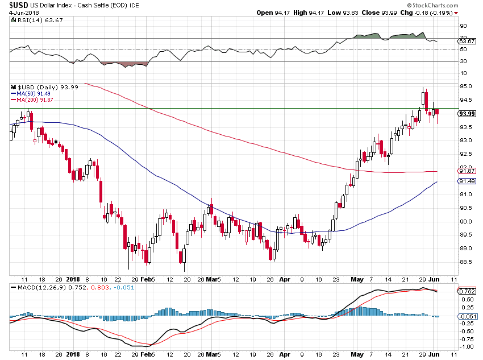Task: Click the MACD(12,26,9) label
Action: pyautogui.click(x=40, y=287)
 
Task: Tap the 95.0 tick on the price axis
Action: pyautogui.click(x=466, y=86)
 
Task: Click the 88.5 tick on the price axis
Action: pyautogui.click(x=466, y=262)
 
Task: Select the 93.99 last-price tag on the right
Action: pyautogui.click(x=467, y=113)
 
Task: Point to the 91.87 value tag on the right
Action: pyautogui.click(x=467, y=171)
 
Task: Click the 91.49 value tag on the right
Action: pyautogui.click(x=467, y=181)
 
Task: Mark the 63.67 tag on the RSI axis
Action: pyautogui.click(x=467, y=42)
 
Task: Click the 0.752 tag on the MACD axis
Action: pyautogui.click(x=467, y=291)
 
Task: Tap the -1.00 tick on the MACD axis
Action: pyautogui.click(x=467, y=346)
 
